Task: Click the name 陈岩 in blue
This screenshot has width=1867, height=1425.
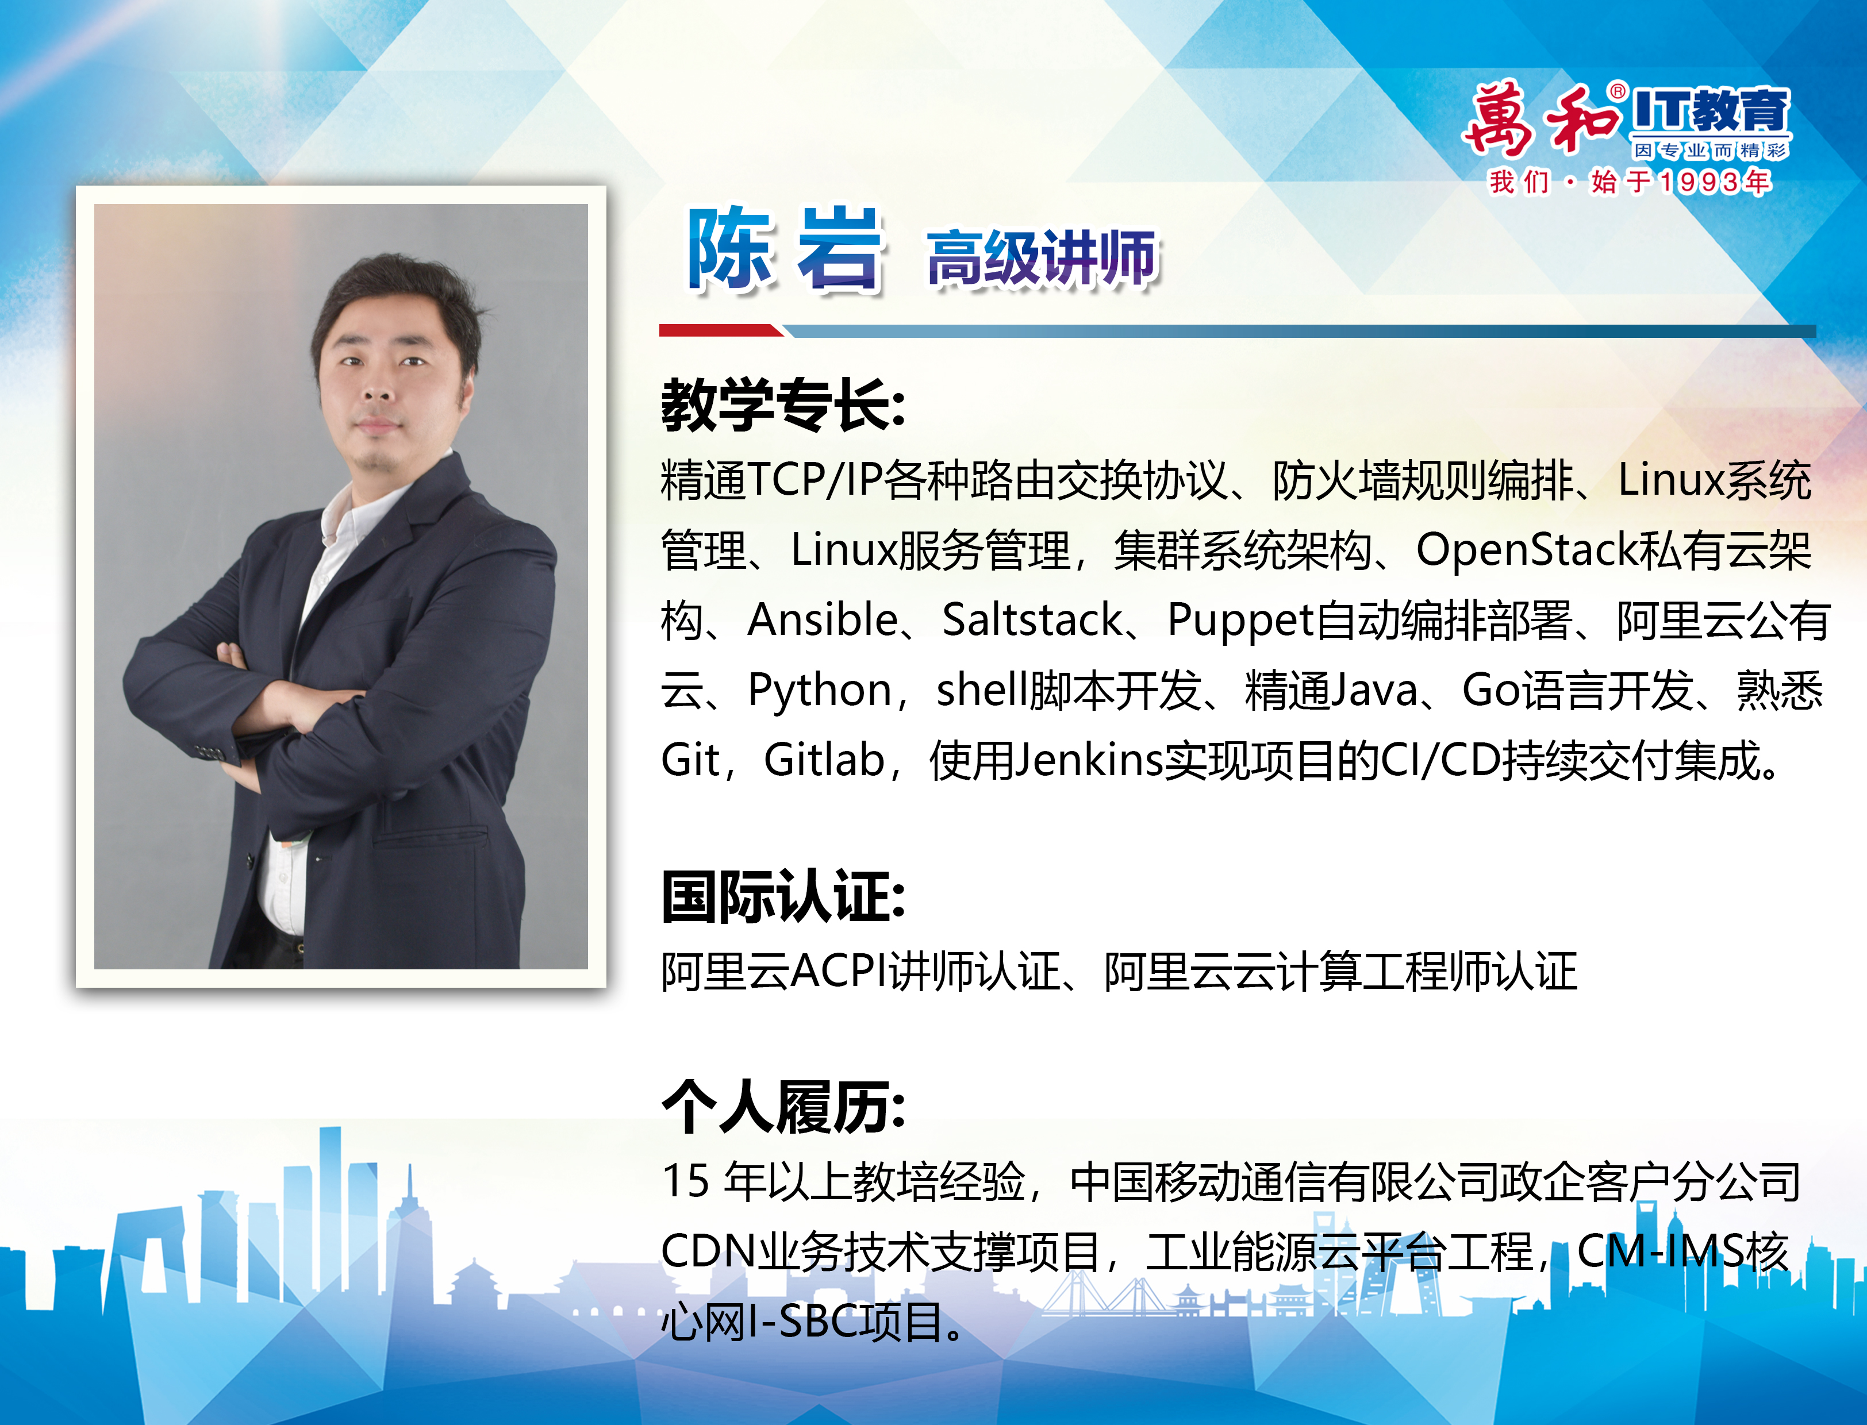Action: coord(785,250)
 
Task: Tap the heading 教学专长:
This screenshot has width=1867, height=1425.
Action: coord(782,406)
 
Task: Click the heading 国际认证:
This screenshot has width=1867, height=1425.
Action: coord(782,896)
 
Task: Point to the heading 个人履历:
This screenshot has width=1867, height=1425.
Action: coord(782,1107)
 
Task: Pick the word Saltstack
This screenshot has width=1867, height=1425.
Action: coord(1032,620)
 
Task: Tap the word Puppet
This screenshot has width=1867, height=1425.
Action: coord(1240,620)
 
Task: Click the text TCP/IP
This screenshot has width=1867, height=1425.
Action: coord(814,480)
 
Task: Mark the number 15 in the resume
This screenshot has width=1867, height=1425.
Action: coord(685,1181)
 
